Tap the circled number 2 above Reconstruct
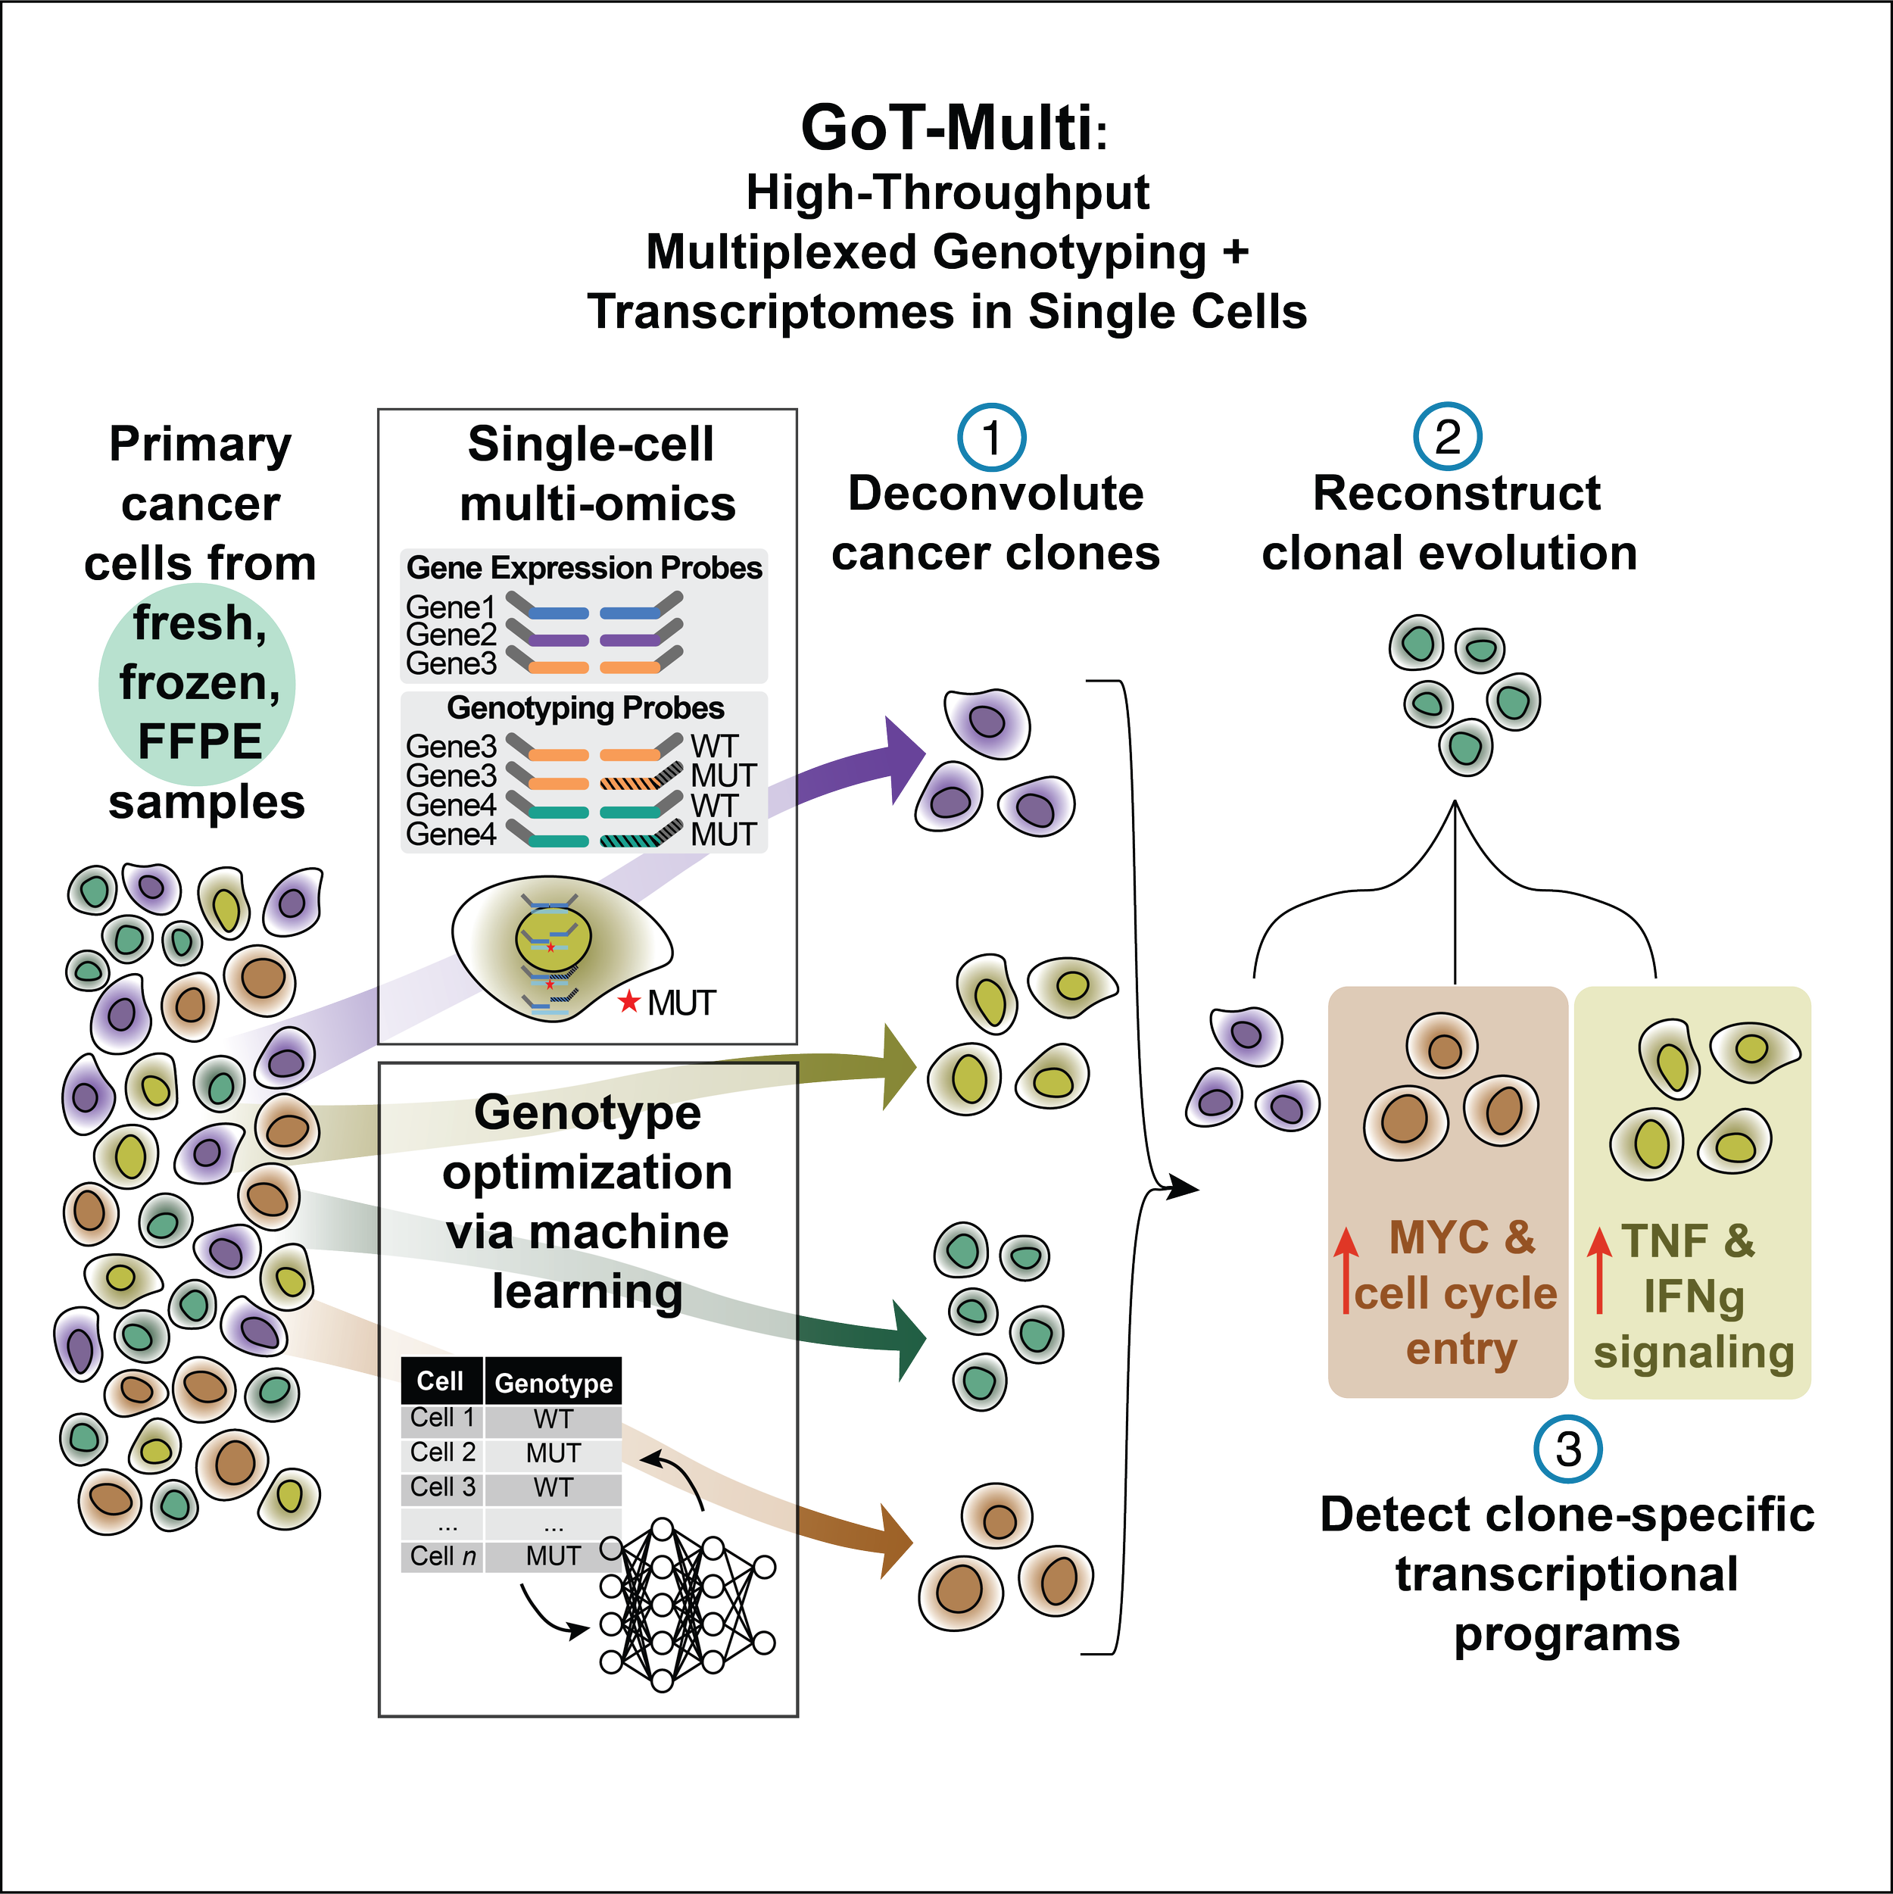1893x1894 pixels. coord(1447,437)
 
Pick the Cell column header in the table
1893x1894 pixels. coord(440,1381)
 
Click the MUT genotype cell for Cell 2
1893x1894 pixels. coord(553,1452)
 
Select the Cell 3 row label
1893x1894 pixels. coord(443,1487)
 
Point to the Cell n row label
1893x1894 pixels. coord(443,1555)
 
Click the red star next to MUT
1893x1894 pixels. coord(628,1002)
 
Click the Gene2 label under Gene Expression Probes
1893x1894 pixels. coord(451,635)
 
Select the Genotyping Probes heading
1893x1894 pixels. coord(585,708)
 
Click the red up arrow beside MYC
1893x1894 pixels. coord(1346,1268)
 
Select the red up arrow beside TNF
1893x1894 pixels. coord(1599,1268)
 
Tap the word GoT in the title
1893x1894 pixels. coord(862,129)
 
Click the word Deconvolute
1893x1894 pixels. coord(995,493)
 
